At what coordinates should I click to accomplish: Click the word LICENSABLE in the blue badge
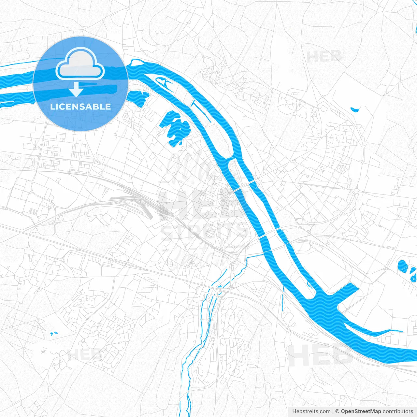click(80, 107)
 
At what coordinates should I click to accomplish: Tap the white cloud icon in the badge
click(80, 64)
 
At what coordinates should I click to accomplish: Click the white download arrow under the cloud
click(76, 89)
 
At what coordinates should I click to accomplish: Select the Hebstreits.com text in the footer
click(311, 411)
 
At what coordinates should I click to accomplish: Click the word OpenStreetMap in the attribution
click(361, 411)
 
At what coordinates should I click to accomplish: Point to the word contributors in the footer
click(398, 411)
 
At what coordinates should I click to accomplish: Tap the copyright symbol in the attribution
click(338, 411)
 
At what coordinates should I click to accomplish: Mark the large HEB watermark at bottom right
click(321, 355)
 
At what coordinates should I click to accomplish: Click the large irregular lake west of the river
click(175, 127)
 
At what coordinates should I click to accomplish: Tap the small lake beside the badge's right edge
click(137, 97)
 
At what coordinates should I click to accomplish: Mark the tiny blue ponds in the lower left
click(54, 334)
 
